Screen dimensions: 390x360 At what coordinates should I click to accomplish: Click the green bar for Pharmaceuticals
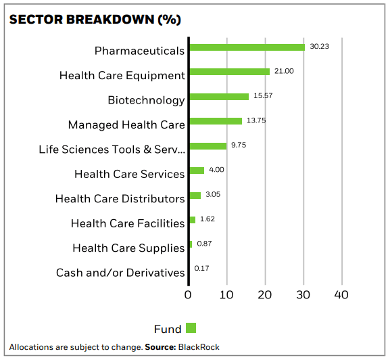coord(247,47)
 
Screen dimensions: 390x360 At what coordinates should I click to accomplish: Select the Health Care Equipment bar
coord(230,72)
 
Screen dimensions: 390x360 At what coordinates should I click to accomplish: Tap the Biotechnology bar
coord(219,97)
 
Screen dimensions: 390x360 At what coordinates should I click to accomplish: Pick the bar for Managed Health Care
coord(216,121)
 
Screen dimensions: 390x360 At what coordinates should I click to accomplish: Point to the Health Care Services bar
coord(197,171)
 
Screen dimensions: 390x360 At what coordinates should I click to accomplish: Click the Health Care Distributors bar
coord(195,196)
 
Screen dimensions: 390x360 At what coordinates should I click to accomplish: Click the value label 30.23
coord(319,46)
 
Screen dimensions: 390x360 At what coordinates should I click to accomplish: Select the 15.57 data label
coord(263,95)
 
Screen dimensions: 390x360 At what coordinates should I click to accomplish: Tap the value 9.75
coord(239,145)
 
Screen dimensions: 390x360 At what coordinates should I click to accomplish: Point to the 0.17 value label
coord(201,268)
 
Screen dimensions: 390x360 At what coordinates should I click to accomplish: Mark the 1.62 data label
coord(208,219)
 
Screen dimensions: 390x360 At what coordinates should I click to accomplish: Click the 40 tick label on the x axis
coord(341,295)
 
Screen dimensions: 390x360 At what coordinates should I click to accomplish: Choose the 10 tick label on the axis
coord(226,295)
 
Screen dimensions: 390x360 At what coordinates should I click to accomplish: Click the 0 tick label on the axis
coord(188,295)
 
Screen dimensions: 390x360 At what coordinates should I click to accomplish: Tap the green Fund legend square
coord(191,328)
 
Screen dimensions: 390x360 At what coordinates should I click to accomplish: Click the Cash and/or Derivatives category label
coord(120,273)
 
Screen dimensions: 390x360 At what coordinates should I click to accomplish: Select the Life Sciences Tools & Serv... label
coord(112,150)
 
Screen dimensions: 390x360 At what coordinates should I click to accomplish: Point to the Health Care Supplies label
coord(128,248)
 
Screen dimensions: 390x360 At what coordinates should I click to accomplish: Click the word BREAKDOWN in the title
coord(110,20)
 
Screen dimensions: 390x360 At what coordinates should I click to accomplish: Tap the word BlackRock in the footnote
coord(199,347)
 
